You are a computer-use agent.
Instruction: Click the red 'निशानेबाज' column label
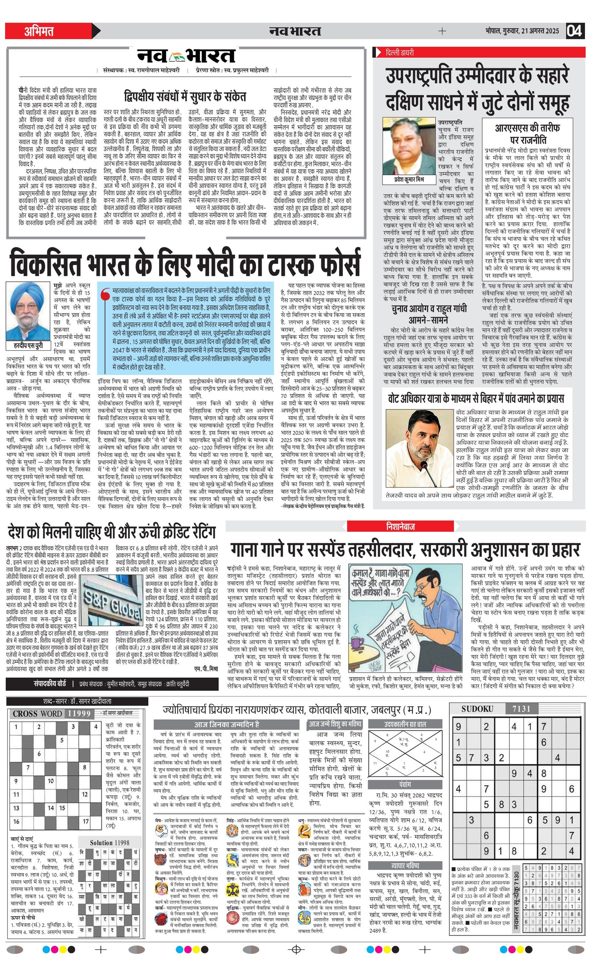pos(400,526)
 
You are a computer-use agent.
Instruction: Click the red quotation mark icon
pos(105,295)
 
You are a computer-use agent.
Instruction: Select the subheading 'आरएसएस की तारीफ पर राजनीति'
pos(527,134)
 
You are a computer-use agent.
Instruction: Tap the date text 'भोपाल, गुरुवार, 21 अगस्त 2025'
pos(522,31)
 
